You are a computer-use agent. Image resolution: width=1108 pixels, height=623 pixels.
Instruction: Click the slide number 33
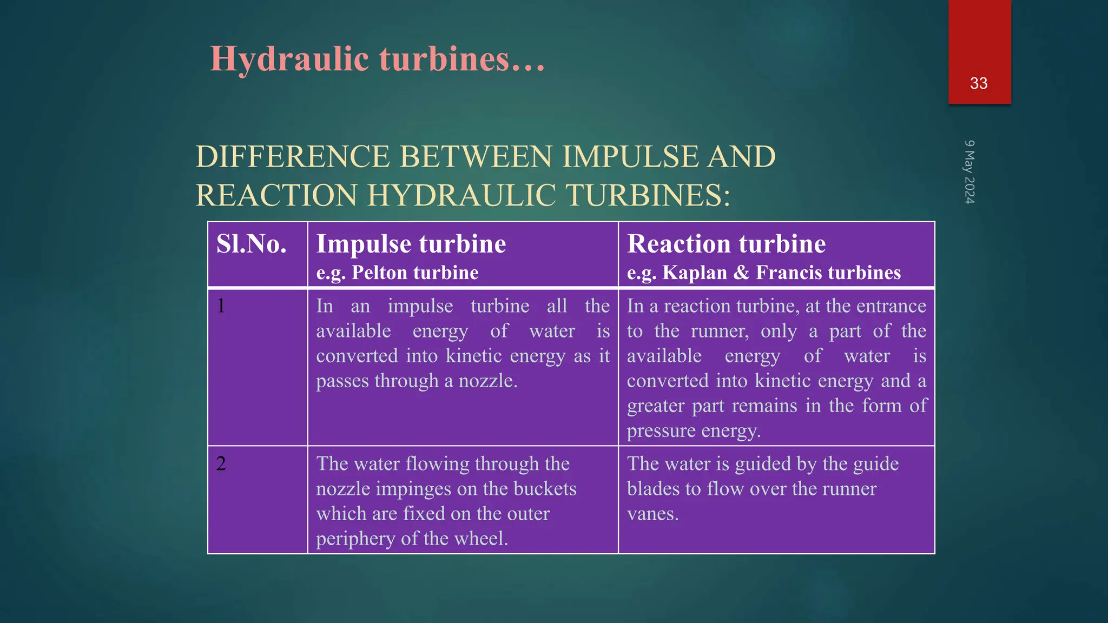point(979,83)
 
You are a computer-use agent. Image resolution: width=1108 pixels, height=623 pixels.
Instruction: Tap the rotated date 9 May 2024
point(969,172)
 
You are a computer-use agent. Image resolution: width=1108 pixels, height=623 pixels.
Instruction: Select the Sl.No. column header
point(252,244)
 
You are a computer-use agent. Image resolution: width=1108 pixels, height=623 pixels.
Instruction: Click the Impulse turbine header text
point(411,244)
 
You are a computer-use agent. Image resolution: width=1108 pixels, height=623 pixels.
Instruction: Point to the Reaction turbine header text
point(726,244)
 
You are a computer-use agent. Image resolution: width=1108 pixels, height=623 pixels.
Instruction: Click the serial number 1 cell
point(221,306)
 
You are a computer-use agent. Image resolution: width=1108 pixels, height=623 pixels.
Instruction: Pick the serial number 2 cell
point(221,463)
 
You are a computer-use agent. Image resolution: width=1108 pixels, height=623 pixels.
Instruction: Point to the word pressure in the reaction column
point(661,431)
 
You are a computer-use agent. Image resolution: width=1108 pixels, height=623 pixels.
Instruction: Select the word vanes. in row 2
point(652,514)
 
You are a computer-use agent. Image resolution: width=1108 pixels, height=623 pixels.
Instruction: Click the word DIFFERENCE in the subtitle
point(293,157)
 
